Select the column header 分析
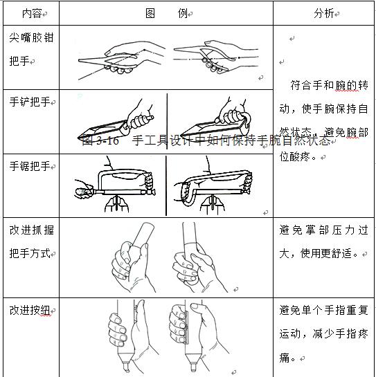[324, 12]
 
